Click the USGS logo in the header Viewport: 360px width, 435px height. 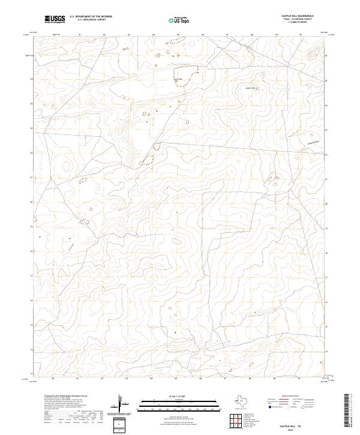click(x=55, y=20)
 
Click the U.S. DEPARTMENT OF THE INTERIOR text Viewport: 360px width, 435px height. click(x=91, y=17)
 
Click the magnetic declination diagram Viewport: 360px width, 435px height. click(x=123, y=406)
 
